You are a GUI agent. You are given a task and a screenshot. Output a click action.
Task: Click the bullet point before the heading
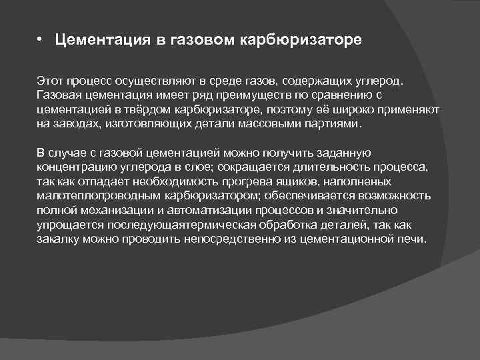point(40,41)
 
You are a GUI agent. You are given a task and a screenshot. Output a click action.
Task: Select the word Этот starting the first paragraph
point(49,81)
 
